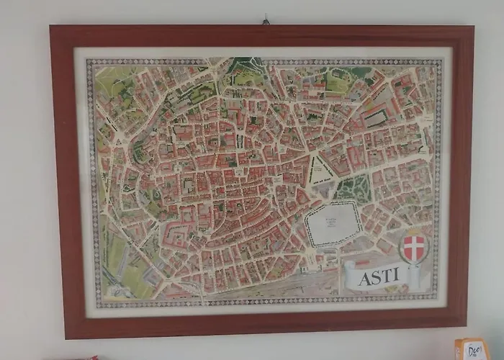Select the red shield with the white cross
[413, 247]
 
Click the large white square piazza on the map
[333, 223]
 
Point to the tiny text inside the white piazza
[333, 220]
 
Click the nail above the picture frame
[265, 20]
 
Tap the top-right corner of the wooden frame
[473, 28]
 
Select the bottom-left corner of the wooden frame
[66, 337]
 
